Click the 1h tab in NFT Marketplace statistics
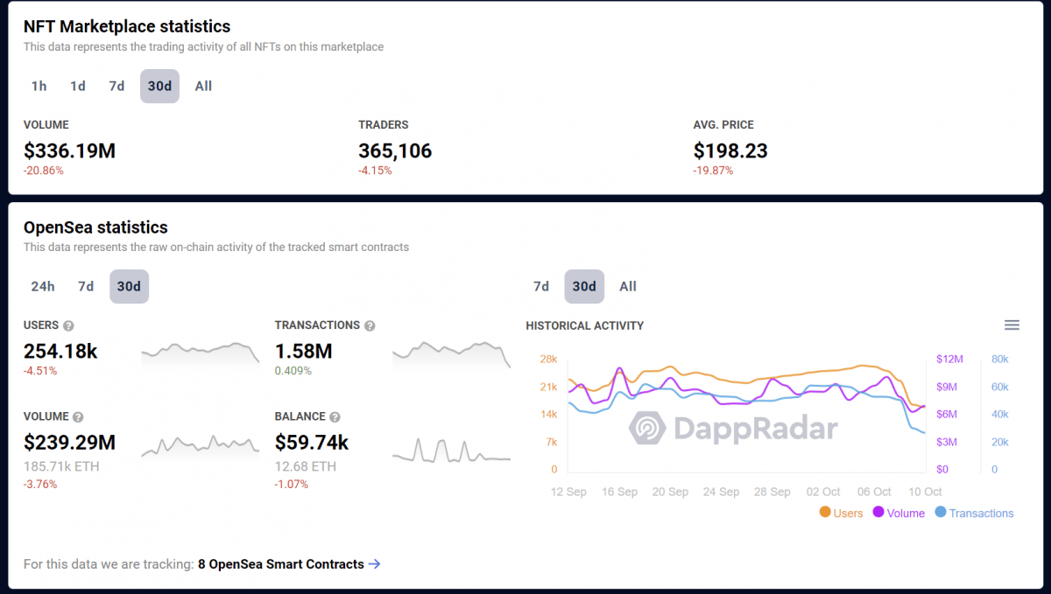click(39, 86)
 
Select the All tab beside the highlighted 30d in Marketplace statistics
click(203, 86)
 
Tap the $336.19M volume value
click(69, 150)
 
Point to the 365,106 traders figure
click(395, 150)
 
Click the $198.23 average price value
click(730, 150)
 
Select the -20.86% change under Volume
click(44, 171)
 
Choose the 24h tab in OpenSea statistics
click(43, 286)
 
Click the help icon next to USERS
click(68, 325)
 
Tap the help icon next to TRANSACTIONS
click(370, 325)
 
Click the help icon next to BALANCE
click(335, 417)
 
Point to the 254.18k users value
click(60, 351)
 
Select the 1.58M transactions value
click(303, 351)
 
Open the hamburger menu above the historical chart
click(1012, 325)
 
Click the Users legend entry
click(841, 514)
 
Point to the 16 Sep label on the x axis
click(619, 492)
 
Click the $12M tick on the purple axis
click(949, 359)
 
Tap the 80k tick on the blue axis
click(999, 359)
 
